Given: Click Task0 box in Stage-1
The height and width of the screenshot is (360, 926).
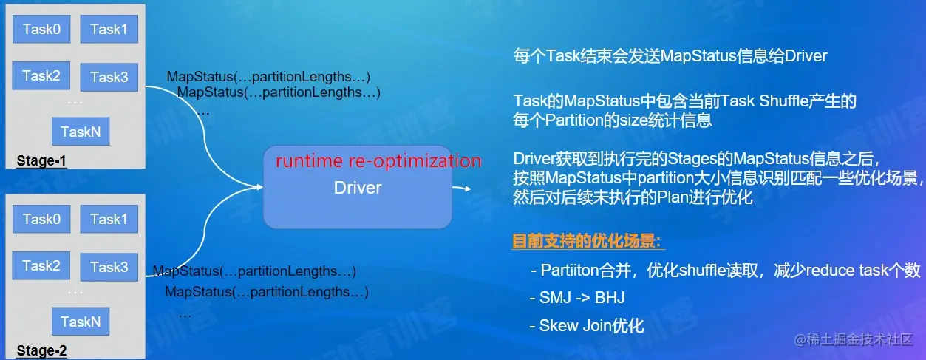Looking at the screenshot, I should coord(41,30).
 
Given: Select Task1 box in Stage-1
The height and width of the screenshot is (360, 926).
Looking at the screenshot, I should coord(109,30).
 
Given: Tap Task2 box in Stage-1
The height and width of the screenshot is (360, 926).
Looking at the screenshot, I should coord(41,75).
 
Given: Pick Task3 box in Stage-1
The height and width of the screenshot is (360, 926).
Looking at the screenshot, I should coord(109,77).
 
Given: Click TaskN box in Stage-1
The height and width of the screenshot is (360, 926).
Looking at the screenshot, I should coord(81,132).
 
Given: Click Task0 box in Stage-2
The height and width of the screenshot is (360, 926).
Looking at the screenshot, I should coord(41,220).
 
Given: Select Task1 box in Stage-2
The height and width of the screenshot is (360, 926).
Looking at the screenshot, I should coord(109,220).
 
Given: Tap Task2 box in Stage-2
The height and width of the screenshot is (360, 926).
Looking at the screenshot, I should coord(41,265).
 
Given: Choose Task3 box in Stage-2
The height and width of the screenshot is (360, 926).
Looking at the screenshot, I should coord(109,267).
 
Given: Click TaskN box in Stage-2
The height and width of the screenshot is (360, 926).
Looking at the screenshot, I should coord(81,322).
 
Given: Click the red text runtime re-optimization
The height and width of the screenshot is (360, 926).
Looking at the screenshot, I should coord(378,161).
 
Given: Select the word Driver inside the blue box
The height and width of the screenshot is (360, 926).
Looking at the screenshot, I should coord(358,188).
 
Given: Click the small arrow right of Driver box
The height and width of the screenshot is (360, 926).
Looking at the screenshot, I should coord(463,189).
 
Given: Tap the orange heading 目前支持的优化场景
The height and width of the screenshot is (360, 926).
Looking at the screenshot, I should coord(588,242).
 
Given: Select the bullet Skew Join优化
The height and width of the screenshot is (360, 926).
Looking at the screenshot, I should coord(588,326).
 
